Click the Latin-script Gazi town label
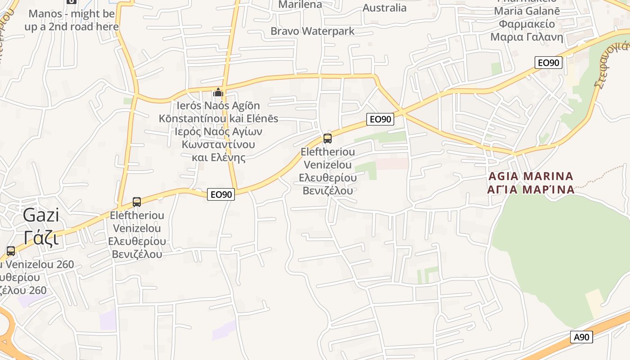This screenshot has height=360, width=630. tap(41, 215)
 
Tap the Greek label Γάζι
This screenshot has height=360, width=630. tap(41, 238)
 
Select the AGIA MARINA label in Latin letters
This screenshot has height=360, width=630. tap(531, 176)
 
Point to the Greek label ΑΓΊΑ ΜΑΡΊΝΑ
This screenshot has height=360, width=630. tap(531, 189)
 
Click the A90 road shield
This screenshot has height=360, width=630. tap(581, 337)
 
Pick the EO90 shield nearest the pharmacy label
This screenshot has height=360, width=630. tap(549, 63)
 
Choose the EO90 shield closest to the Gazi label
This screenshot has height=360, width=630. tap(221, 194)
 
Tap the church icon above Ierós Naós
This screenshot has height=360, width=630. tap(218, 92)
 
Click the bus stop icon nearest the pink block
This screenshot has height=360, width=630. tap(328, 138)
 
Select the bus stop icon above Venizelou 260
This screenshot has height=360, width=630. tap(10, 251)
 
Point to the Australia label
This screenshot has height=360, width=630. tap(384, 8)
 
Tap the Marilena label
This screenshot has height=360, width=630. tap(300, 4)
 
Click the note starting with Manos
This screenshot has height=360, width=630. tap(72, 20)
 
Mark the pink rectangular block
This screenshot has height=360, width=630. tap(392, 163)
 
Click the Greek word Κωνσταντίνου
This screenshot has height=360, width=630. tap(218, 144)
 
